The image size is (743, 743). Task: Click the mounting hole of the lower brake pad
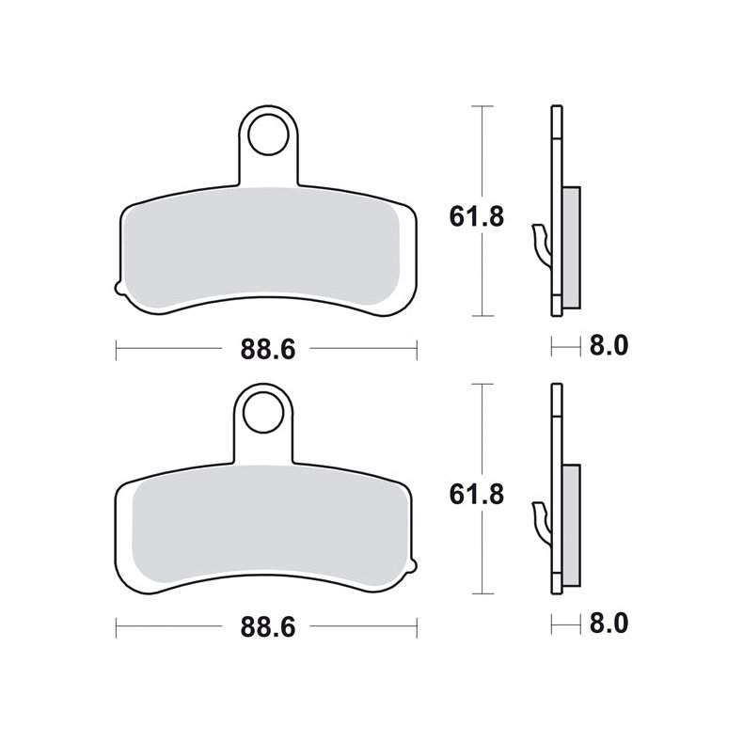click(x=266, y=408)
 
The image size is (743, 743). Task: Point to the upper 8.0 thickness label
click(x=609, y=345)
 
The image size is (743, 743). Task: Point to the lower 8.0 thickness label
click(x=609, y=623)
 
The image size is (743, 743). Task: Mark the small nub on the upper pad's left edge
click(x=116, y=287)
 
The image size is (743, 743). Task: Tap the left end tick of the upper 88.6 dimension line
click(x=116, y=349)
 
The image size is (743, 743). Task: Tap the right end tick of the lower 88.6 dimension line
click(x=417, y=627)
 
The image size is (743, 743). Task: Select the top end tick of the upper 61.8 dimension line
click(x=482, y=107)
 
